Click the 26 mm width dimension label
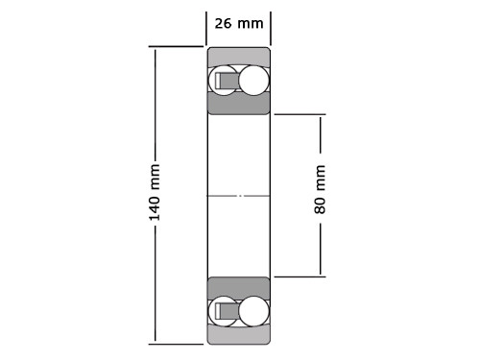coord(238,23)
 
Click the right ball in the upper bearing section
coord(253,81)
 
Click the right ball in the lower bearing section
coord(253,310)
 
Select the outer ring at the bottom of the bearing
coord(239,335)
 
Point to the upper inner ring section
coord(239,104)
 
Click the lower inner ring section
coord(239,286)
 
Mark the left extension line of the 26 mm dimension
coord(206,26)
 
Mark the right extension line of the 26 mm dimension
coord(271,26)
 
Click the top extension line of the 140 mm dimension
coord(178,46)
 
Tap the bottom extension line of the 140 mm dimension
coord(178,344)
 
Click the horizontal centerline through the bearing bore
coord(239,196)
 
